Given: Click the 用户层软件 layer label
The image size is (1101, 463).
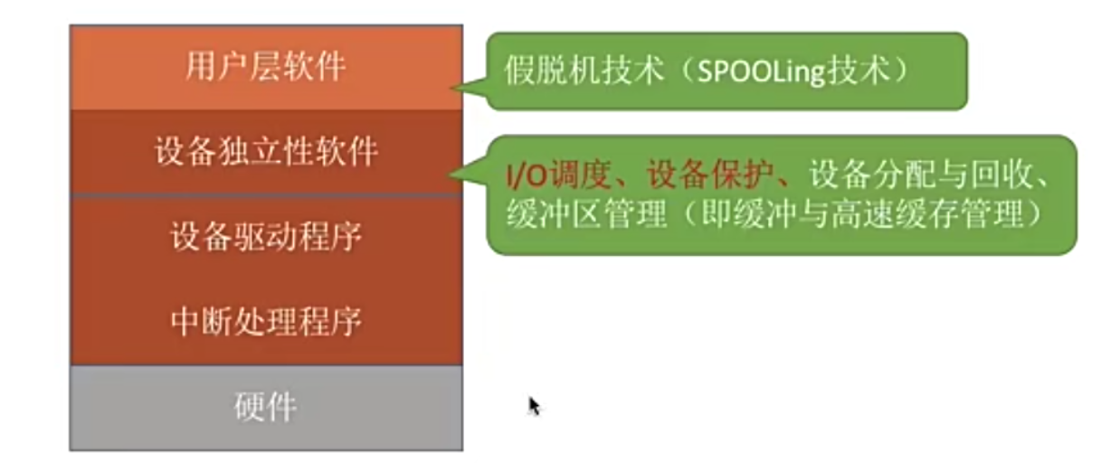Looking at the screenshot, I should [265, 67].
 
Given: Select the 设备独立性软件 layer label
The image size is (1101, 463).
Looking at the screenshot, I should [265, 152].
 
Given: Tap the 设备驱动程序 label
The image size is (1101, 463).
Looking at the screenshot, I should [265, 237].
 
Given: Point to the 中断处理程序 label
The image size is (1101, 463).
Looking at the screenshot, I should [265, 322].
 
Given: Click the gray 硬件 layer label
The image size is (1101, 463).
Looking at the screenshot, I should [265, 408].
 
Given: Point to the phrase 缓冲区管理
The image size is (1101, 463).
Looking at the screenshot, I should [585, 214].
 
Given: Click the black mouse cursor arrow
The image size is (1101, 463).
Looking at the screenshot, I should [534, 405].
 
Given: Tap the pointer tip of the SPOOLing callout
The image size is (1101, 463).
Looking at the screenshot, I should [455, 88].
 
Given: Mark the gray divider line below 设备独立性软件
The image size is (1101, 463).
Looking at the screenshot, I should [265, 194].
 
